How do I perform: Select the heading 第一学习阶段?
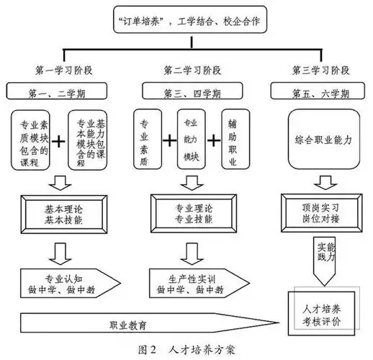click(64, 71)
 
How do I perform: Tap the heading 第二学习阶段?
click(186, 71)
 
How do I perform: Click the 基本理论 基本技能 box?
click(65, 212)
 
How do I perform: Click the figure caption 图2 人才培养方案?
click(185, 350)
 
